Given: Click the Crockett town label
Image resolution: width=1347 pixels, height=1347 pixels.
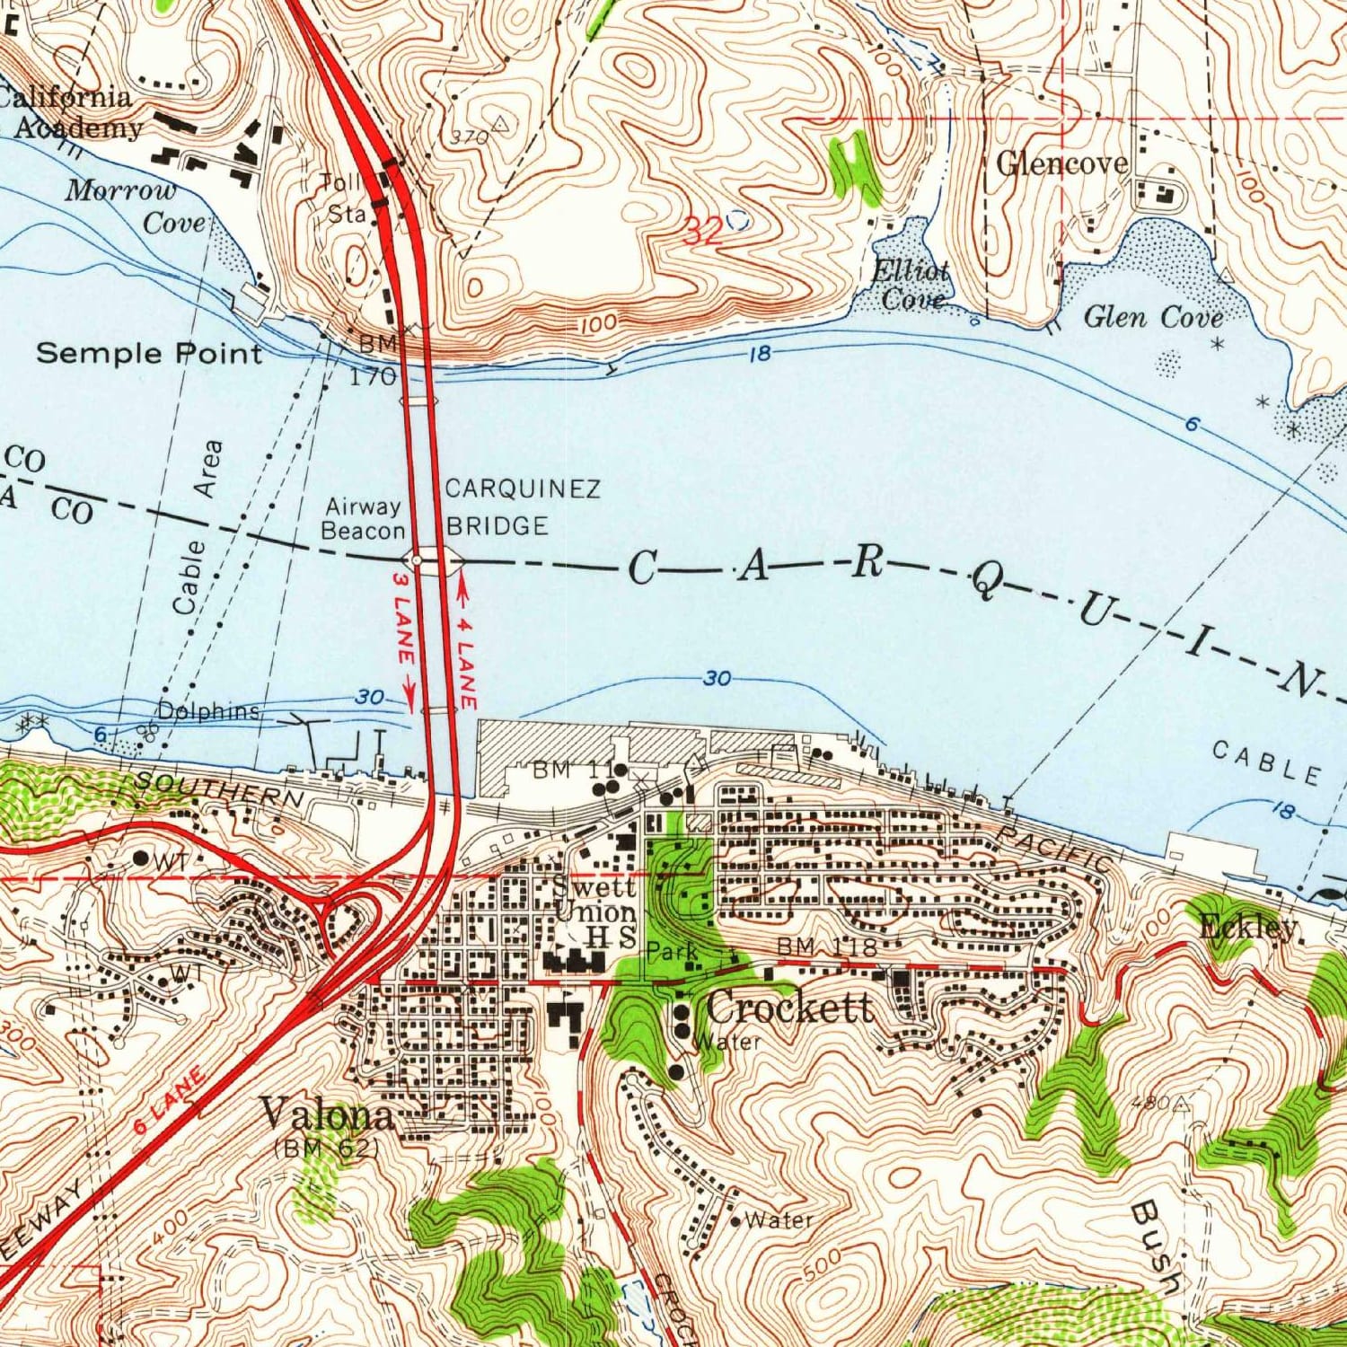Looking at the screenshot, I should click(x=788, y=1008).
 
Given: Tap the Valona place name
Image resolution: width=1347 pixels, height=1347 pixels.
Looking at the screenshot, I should click(x=327, y=1115).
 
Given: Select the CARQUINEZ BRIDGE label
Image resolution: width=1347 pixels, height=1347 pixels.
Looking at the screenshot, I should click(x=522, y=507).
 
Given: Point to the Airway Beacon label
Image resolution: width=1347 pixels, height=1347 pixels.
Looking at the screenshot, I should click(x=363, y=519).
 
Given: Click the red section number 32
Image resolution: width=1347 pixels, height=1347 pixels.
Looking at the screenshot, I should click(x=702, y=233).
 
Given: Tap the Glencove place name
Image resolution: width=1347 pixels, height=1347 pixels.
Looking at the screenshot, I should click(x=1062, y=163).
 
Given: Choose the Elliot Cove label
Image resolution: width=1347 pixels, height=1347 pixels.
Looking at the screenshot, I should click(x=911, y=285).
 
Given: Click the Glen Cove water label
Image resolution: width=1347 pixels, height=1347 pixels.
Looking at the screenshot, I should click(x=1153, y=317).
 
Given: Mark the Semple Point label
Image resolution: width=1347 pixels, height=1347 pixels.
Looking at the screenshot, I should click(x=149, y=353).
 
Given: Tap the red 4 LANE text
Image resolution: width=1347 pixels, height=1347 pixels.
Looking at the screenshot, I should click(x=466, y=660).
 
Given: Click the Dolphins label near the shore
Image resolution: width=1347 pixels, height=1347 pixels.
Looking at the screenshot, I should click(x=208, y=711).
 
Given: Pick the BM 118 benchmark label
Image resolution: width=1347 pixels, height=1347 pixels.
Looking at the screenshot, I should click(x=825, y=946).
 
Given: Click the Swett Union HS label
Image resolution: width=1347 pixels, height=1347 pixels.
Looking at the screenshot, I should click(x=594, y=911).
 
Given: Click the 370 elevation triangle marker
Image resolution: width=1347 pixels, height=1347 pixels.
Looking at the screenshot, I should click(x=500, y=123).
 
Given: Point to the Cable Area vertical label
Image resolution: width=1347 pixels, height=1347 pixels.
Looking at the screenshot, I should click(x=197, y=528).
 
